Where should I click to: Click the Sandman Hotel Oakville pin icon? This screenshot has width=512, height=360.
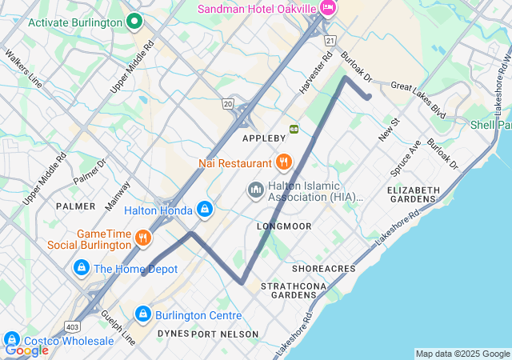tap(326, 7)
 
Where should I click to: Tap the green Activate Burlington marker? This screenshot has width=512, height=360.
tap(134, 22)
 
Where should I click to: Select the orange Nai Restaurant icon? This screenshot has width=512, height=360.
tap(283, 163)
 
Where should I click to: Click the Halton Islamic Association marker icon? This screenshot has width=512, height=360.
tap(255, 190)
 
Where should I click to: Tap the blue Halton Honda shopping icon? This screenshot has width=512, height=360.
tap(205, 210)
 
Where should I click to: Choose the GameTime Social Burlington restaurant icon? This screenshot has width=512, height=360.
tap(142, 238)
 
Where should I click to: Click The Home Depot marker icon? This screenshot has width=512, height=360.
tap(81, 268)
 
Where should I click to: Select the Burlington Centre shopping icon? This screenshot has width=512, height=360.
tap(143, 314)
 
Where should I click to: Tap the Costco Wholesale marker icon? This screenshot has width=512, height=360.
tap(11, 340)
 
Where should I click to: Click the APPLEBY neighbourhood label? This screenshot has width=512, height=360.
tap(264, 138)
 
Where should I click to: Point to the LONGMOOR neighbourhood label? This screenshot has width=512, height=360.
tap(284, 226)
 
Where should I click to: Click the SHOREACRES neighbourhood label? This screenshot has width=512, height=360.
tap(324, 268)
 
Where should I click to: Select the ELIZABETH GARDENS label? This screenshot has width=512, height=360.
tap(414, 195)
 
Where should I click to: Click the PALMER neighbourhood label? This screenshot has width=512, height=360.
tap(76, 206)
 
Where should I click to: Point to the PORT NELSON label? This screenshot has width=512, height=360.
tap(225, 334)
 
